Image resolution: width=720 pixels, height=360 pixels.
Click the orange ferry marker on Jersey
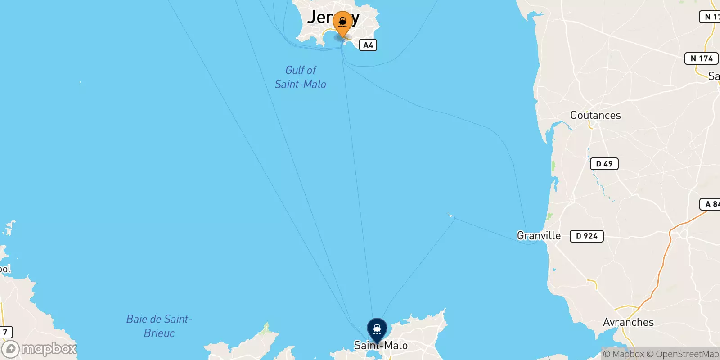[x=343, y=22]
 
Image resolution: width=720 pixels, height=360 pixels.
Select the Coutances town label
[x=595, y=115]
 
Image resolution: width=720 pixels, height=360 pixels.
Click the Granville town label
[x=539, y=236]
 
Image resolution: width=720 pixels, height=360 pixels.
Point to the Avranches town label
[x=628, y=322]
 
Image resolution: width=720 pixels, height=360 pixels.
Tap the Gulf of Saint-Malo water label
[x=301, y=77]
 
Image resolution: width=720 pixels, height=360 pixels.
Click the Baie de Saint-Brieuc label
[x=159, y=326]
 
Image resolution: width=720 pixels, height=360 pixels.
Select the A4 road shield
[x=368, y=45]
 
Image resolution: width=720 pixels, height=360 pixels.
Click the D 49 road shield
[x=604, y=164]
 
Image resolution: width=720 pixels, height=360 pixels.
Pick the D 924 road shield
[x=586, y=236]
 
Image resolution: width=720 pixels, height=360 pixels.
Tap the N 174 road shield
[x=701, y=58]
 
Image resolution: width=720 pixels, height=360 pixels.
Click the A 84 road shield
[x=711, y=204]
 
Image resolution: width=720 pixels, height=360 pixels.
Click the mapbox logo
[x=40, y=349]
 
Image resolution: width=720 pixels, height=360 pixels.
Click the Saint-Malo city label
[x=381, y=346]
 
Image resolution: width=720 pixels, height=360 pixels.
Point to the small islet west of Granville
[x=451, y=216]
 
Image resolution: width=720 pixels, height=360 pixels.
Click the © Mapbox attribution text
[x=624, y=354]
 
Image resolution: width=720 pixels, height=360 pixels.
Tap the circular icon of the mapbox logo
[x=10, y=349]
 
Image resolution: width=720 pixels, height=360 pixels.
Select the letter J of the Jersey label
[x=312, y=17]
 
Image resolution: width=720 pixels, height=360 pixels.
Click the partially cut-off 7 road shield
[x=5, y=332]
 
